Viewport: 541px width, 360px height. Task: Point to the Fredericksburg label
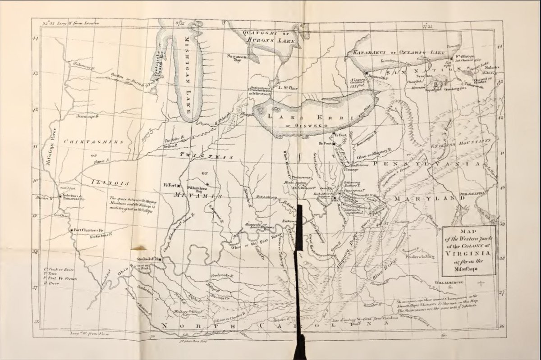pos(419,257)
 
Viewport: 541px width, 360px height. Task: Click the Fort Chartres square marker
pos(71,230)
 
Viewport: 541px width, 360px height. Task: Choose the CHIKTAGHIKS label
pos(94,141)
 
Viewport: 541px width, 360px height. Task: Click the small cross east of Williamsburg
pos(481,283)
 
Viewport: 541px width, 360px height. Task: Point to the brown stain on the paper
pos(139,247)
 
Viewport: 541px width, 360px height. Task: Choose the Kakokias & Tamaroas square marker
pos(60,196)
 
